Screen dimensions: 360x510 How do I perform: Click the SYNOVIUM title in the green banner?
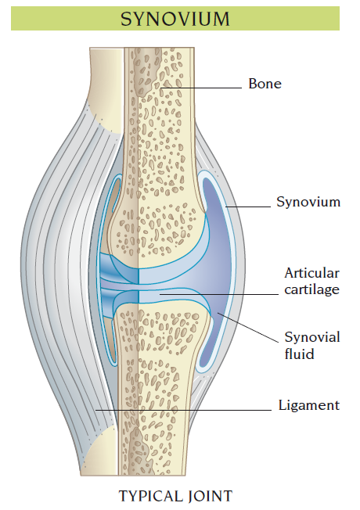175,20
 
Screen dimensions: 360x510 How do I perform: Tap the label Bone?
265,84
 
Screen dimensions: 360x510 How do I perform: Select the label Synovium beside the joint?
308,202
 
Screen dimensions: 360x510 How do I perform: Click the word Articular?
311,273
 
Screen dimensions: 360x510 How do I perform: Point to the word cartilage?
311,289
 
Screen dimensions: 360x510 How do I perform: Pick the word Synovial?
312,337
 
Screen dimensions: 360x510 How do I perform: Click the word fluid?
299,354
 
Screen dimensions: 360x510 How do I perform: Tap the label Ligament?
309,405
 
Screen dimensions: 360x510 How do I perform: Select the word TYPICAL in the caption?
149,497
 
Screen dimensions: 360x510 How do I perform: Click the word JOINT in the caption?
210,497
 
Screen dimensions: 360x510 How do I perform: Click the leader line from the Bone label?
201,88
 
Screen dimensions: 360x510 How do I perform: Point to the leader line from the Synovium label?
248,207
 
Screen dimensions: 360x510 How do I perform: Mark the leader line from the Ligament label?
183,410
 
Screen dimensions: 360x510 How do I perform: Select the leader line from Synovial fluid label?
248,328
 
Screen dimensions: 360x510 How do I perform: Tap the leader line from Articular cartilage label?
218,294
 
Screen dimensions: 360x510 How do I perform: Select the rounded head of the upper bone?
157,234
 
